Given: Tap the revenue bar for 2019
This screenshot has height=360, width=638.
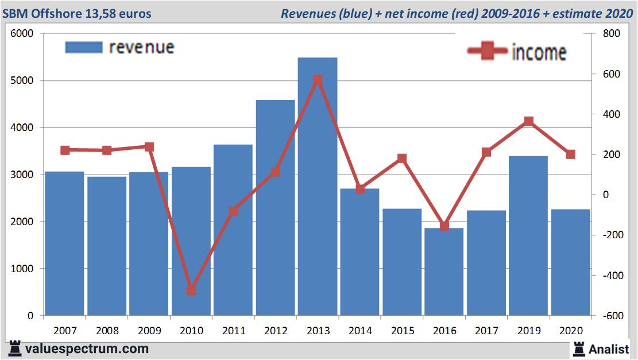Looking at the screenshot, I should coord(528,235).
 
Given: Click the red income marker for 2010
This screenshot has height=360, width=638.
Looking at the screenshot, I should coord(191,290).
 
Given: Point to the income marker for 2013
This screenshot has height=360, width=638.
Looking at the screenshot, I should coord(318,80).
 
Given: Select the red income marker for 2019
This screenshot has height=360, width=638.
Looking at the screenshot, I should coord(528,121).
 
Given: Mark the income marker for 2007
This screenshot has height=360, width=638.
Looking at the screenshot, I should coord(65,150).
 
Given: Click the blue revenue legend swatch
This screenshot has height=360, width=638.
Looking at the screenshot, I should coord(84,47).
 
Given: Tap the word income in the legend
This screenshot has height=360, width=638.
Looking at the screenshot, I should coord(539,52).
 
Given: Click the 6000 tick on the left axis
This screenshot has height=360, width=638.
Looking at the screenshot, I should coord(22,34).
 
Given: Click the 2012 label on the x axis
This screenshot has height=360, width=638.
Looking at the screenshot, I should coord(276,331).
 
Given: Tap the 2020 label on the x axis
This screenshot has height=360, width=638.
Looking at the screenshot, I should coord(571,331).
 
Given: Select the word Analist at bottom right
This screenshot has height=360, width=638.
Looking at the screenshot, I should coord(609,349).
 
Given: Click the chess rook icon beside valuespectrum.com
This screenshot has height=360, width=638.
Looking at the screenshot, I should coord(15,349).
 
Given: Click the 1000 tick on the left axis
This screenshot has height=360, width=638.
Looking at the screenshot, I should coord(22,269).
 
